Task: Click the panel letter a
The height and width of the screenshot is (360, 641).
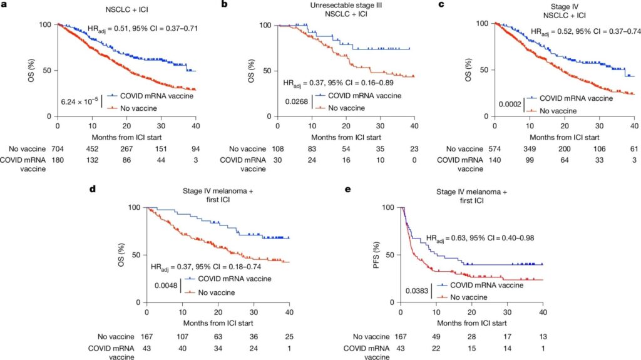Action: click(4, 4)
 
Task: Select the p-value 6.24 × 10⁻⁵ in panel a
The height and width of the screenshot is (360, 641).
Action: click(79, 101)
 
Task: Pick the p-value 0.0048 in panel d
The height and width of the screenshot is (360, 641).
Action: click(167, 285)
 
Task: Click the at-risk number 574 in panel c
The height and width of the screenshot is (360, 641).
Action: click(495, 148)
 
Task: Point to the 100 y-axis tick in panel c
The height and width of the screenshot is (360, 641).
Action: click(483, 23)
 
